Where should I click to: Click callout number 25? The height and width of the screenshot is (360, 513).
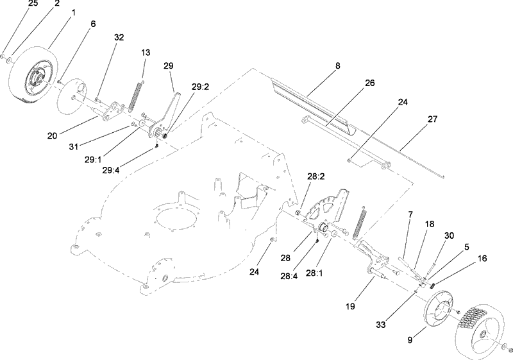tap(33, 4)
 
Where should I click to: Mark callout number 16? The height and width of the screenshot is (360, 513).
tap(482, 258)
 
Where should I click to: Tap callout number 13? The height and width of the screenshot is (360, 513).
tap(146, 52)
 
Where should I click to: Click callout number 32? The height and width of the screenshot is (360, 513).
tap(119, 37)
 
